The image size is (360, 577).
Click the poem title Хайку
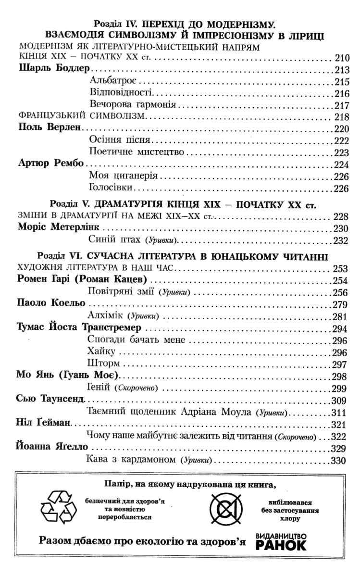100,352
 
